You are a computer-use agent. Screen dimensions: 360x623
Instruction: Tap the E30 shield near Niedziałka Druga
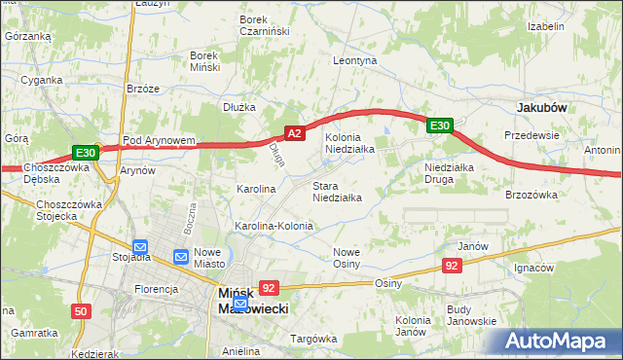(440, 126)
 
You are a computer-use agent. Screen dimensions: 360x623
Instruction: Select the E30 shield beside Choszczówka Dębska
(86, 153)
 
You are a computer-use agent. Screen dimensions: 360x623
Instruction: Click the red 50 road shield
(81, 311)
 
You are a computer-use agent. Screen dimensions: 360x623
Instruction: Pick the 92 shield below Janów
(452, 265)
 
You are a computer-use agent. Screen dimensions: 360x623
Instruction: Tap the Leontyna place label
(354, 60)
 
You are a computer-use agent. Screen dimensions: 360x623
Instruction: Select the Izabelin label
(546, 26)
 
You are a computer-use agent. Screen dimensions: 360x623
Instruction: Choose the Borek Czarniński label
(266, 24)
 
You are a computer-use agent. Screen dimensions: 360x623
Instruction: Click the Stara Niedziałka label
(337, 191)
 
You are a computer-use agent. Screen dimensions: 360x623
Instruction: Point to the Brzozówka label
(531, 195)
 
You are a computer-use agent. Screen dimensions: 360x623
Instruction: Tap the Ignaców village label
(533, 267)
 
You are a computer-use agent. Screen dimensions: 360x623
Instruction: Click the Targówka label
(313, 338)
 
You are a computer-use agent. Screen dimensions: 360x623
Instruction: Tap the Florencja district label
(157, 289)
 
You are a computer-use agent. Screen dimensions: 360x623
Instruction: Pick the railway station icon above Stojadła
(139, 247)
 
